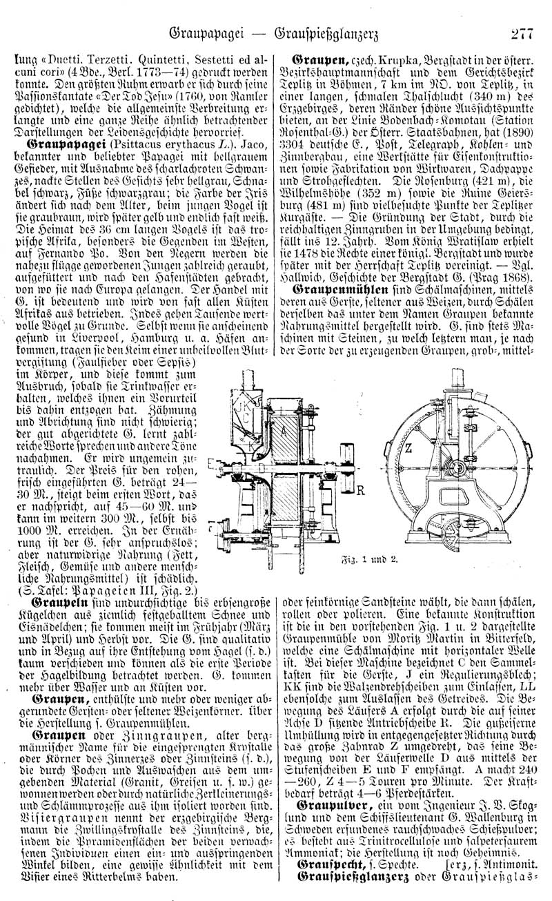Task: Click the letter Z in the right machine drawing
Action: tap(408, 447)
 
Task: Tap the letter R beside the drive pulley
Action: tap(359, 492)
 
